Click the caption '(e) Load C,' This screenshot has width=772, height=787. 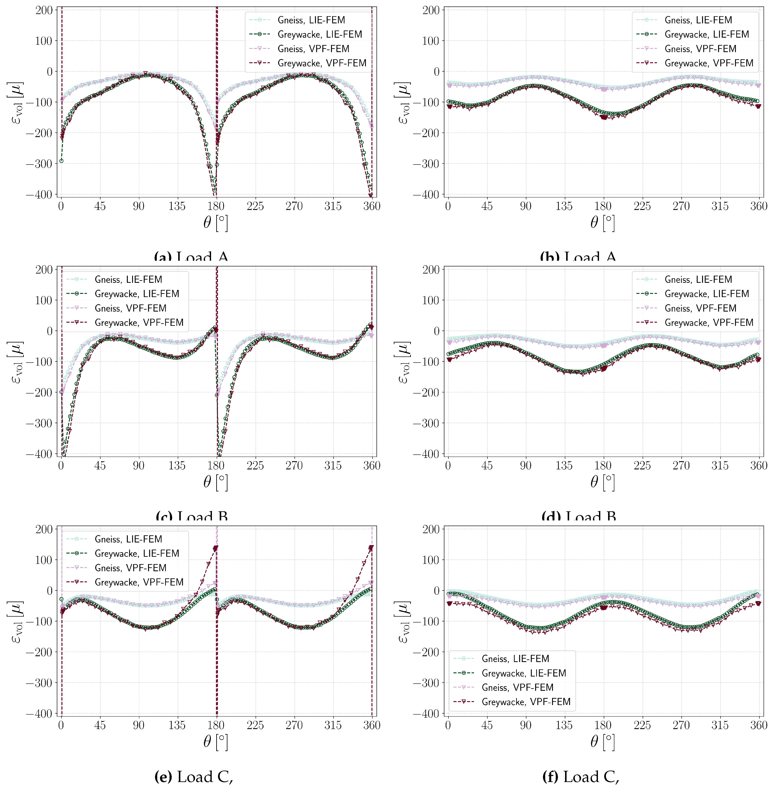194,776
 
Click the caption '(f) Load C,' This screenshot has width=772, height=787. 581,776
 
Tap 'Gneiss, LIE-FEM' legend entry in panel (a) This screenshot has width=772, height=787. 311,20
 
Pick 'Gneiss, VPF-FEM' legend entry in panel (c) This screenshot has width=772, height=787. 131,308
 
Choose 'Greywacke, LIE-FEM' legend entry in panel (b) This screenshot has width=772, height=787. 707,34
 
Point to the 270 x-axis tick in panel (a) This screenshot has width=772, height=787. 294,206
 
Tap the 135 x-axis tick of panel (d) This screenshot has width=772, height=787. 564,465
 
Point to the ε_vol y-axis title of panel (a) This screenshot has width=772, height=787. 16,102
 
